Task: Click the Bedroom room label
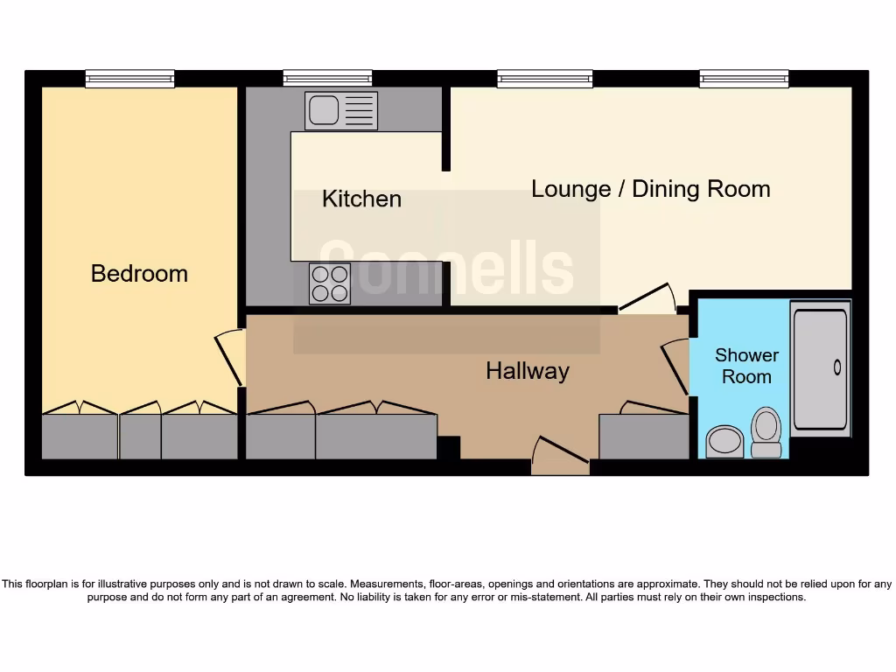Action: (139, 273)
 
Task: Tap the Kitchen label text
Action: (361, 199)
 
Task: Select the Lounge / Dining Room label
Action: (650, 189)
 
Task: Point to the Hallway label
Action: (528, 371)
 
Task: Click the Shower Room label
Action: (746, 366)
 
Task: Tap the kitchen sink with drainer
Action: (341, 111)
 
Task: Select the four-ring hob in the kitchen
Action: (330, 283)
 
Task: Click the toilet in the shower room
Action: (766, 432)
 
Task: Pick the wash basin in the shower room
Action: (724, 441)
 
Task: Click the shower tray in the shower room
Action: (820, 368)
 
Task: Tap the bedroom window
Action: (129, 79)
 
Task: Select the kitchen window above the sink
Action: (327, 79)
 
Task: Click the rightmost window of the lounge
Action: (744, 79)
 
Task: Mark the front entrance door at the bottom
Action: (560, 457)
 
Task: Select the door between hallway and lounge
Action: (647, 300)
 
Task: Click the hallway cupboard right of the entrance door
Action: (643, 437)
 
